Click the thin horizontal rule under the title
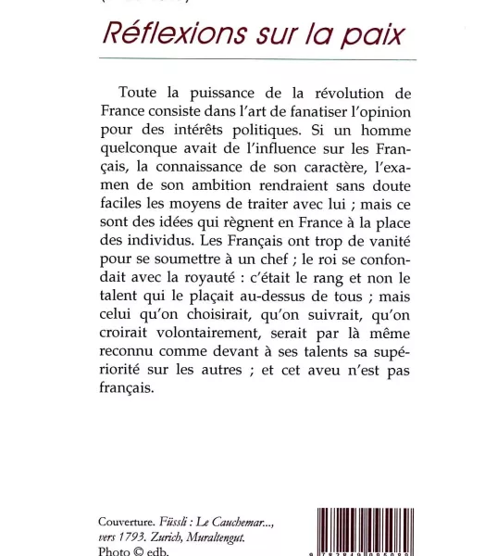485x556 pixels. click(x=256, y=59)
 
